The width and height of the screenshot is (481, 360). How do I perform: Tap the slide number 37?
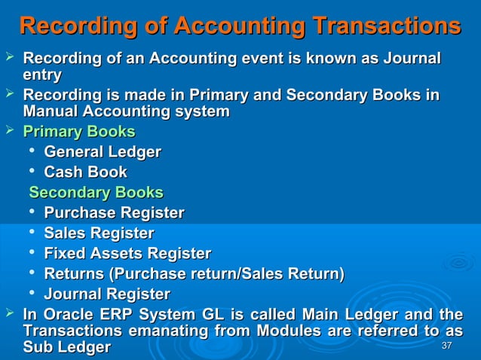click(446, 346)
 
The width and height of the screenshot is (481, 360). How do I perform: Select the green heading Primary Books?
click(79, 133)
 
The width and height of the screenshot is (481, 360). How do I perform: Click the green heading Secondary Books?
click(96, 192)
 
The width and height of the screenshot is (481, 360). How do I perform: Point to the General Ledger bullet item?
click(103, 153)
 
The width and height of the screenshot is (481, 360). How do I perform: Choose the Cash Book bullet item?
click(86, 172)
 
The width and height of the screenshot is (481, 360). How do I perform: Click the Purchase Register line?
click(115, 212)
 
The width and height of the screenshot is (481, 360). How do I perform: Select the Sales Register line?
click(100, 233)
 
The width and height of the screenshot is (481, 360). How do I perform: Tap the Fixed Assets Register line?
click(127, 253)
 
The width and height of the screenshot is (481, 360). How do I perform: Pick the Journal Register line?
click(107, 294)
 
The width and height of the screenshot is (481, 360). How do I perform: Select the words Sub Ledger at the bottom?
click(67, 348)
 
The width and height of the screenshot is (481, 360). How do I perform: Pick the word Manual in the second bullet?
click(54, 112)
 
